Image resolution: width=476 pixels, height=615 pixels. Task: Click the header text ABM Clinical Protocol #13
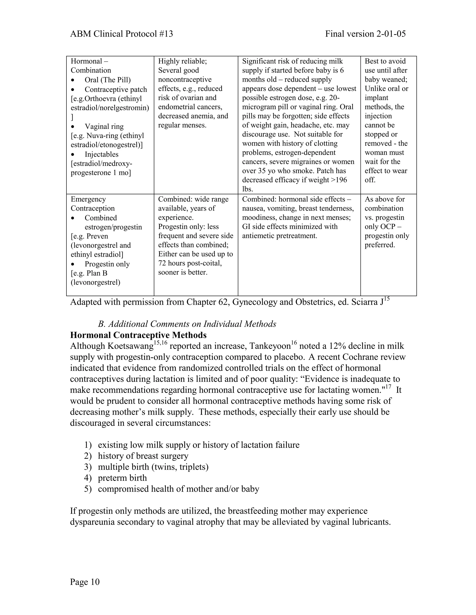tap(121, 34)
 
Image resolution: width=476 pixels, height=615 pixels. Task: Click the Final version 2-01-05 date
tap(365, 34)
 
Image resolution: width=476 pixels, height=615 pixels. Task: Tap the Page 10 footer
tap(85, 582)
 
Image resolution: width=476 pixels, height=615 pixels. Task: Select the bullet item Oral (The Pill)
tap(107, 80)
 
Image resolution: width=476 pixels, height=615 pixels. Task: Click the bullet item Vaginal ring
tap(104, 126)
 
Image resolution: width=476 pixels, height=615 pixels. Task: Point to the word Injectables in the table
tap(102, 154)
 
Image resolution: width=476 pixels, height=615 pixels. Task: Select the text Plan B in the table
tap(97, 273)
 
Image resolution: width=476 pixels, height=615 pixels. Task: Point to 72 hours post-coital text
tap(190, 263)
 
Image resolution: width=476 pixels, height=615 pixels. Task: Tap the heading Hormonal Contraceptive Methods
tap(138, 335)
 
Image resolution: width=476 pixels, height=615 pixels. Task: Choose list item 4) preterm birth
tap(122, 478)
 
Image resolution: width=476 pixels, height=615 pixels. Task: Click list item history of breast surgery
tap(143, 456)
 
